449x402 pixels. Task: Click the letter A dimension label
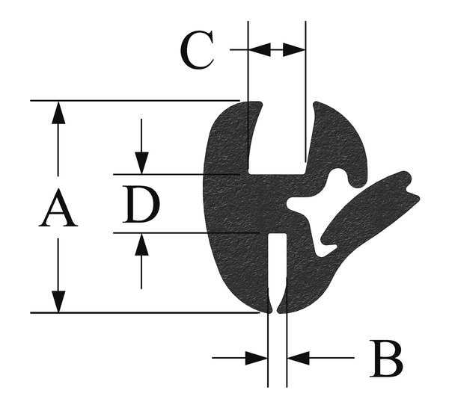(x=58, y=208)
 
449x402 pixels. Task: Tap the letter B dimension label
(x=386, y=358)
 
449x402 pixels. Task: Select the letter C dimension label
(x=198, y=50)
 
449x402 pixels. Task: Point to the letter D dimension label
(x=141, y=204)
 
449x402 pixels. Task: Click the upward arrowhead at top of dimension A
(x=58, y=113)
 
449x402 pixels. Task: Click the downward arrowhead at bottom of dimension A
(x=58, y=302)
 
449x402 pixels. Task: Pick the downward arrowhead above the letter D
(x=141, y=163)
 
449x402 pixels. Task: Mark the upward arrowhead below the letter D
(x=141, y=244)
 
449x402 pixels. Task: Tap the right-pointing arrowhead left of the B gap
(x=257, y=358)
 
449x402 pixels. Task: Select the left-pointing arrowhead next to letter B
(x=298, y=358)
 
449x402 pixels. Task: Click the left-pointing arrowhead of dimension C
(x=260, y=50)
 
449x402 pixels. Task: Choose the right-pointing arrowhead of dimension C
(x=294, y=50)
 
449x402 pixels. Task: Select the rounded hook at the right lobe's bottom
(x=358, y=178)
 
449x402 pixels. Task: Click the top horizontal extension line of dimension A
(x=135, y=101)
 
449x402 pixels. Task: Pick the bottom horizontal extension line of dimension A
(x=145, y=313)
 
